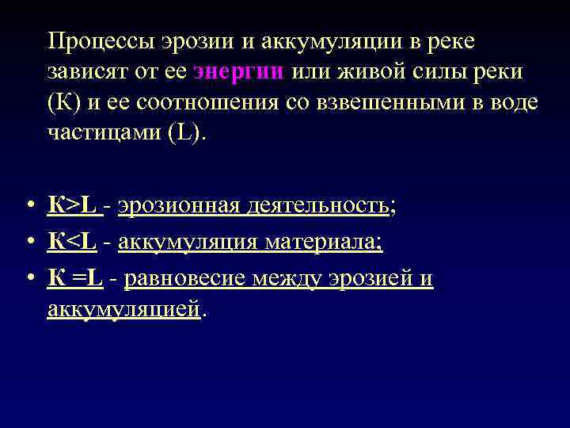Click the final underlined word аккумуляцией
click(x=124, y=310)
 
